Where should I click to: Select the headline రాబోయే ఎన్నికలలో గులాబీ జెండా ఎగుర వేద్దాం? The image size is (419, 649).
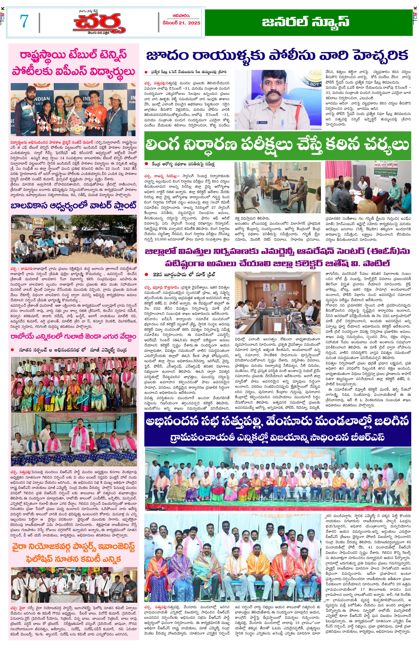[x=73, y=337]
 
